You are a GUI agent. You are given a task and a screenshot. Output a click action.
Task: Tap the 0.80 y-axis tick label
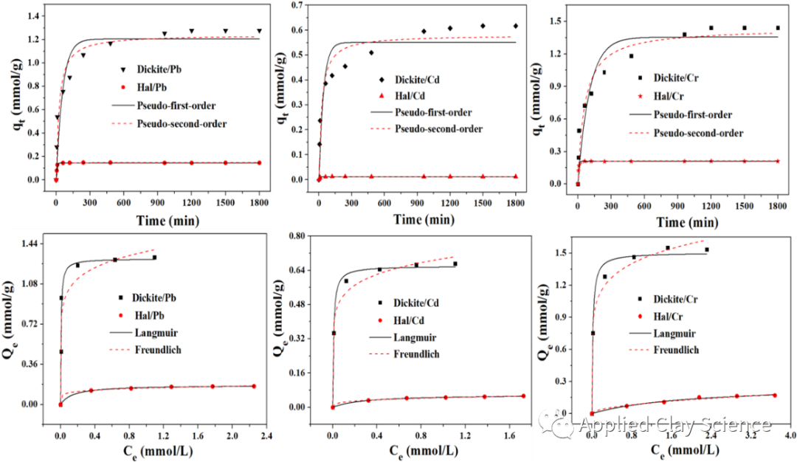[297, 236]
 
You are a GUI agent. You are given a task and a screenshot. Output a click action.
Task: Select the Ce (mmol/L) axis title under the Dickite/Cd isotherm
[424, 449]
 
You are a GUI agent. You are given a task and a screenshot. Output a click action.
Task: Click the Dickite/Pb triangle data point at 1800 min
[259, 31]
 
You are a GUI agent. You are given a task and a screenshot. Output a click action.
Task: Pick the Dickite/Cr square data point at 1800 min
[778, 28]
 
